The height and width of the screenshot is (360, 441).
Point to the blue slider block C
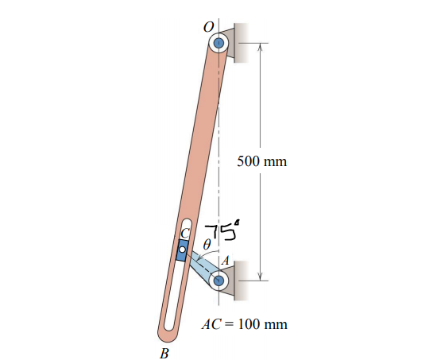point(182,250)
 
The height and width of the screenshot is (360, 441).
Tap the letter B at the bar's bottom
point(164,352)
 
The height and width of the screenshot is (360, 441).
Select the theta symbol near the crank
point(207,246)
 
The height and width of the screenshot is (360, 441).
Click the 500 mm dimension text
point(262,161)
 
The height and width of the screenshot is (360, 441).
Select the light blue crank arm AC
point(202,265)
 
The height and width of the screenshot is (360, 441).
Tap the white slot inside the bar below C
point(174,294)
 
